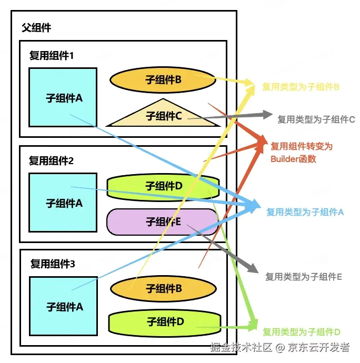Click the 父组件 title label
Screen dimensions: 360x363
(36, 27)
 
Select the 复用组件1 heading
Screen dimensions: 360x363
(51, 56)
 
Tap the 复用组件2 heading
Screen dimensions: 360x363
(51, 160)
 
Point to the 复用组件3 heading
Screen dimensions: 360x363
(53, 264)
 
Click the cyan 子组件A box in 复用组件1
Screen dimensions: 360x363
(63, 97)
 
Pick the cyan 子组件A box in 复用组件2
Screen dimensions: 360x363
(63, 203)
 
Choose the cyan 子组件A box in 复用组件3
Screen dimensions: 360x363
(64, 306)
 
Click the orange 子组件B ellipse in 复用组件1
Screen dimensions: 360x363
(163, 80)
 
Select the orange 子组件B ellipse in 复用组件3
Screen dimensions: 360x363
(163, 289)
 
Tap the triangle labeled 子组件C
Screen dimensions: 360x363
(163, 113)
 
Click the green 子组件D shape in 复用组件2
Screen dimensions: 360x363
(163, 187)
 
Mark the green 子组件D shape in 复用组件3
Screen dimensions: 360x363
(165, 323)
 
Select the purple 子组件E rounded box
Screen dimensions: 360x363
(162, 222)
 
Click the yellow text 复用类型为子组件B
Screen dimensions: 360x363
(301, 87)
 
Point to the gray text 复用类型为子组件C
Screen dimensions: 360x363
(316, 119)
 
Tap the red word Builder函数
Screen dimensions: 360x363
(293, 159)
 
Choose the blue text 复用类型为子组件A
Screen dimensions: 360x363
(305, 212)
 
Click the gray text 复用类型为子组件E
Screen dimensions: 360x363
(304, 277)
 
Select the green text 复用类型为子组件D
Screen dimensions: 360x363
(302, 332)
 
